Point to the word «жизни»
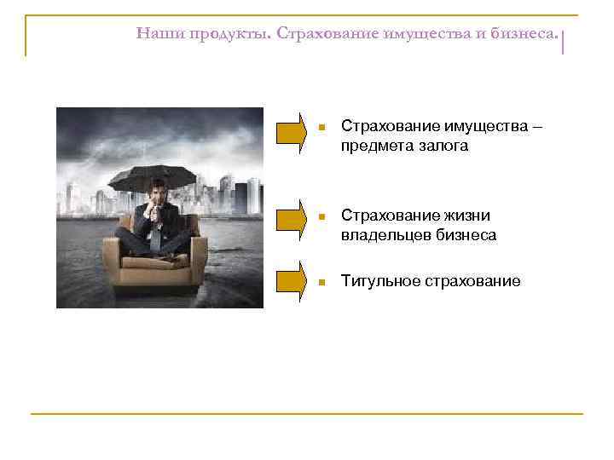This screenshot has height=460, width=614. point(468,216)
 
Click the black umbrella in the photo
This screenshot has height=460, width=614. point(153,176)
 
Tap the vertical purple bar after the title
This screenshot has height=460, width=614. point(565,41)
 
